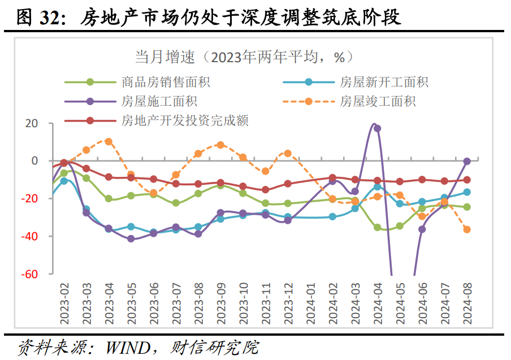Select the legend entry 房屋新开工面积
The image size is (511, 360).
[384, 82]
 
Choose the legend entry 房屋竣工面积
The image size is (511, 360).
[378, 102]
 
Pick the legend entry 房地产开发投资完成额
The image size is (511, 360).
[185, 120]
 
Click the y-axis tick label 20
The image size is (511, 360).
[32, 123]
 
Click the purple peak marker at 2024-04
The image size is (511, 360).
[377, 128]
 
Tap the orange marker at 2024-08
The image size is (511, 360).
[467, 229]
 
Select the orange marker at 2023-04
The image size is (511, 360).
[109, 142]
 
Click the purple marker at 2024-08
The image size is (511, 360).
[467, 162]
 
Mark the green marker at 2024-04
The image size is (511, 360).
[377, 227]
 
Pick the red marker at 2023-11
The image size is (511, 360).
[265, 190]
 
